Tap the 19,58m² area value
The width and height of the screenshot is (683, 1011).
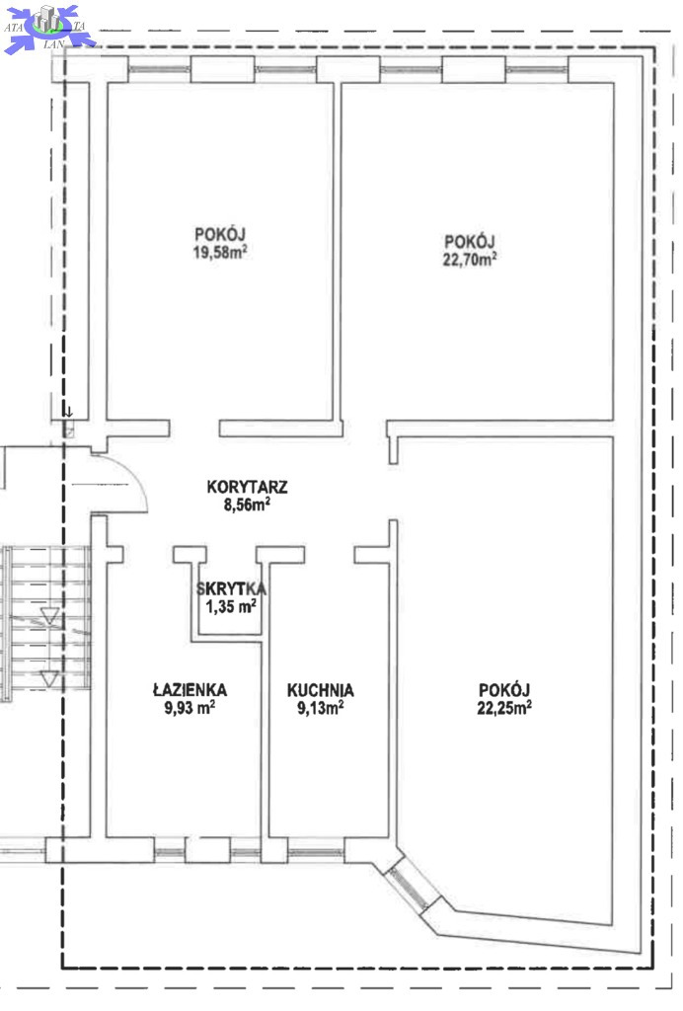tap(220, 252)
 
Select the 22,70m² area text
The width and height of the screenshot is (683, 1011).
tap(470, 260)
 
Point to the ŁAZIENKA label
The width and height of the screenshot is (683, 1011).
tap(190, 689)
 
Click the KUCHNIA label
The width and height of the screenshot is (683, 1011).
tap(320, 690)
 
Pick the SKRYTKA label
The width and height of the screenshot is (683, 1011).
tap(231, 588)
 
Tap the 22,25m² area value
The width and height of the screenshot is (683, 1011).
tap(504, 708)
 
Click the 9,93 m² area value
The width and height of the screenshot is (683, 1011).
tap(190, 708)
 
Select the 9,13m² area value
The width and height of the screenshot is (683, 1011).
tap(320, 708)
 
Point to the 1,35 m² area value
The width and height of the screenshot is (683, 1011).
tap(231, 606)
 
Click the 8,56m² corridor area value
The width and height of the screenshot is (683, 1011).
tap(247, 505)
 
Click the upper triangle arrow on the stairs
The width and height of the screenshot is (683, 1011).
tap(49, 615)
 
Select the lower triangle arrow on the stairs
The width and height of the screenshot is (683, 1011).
tap(49, 678)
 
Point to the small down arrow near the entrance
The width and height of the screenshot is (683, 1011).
tap(68, 412)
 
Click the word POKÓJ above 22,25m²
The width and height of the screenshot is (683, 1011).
tap(504, 690)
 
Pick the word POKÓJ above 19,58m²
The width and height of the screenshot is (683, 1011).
tap(220, 234)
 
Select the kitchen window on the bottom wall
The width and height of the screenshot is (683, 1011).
tap(316, 853)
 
